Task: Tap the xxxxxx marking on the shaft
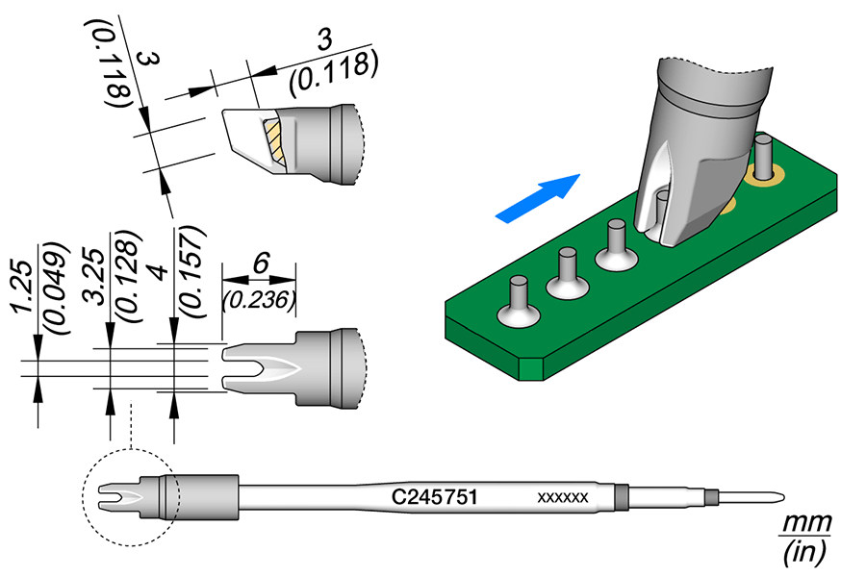(x=562, y=497)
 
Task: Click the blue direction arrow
(x=539, y=199)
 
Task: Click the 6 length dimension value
(x=258, y=262)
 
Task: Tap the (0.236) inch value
(x=258, y=299)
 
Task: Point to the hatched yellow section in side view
(x=275, y=140)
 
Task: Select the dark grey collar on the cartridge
(x=621, y=497)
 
